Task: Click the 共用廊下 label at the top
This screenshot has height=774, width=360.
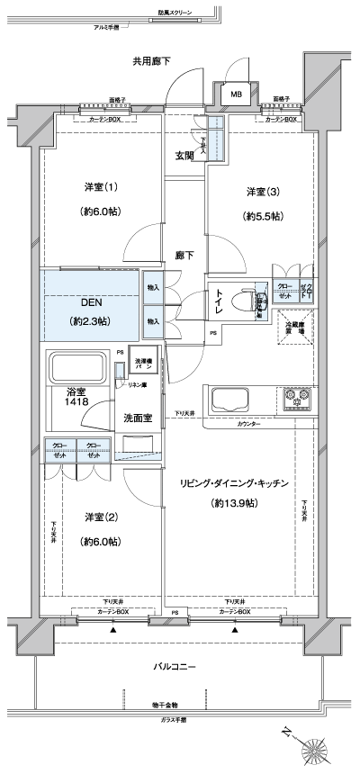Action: pos(151,61)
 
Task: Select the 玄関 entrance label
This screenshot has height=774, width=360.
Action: pos(184,156)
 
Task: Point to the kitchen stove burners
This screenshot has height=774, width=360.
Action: pos(297,396)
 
